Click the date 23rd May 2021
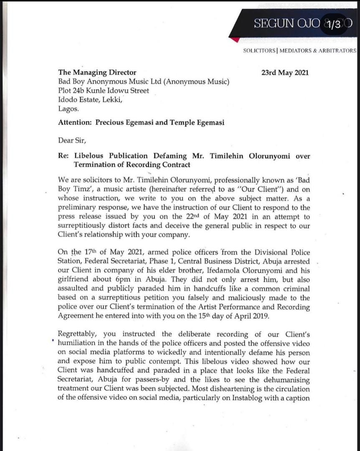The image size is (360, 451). [x=285, y=72]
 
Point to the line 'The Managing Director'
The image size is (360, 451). [x=97, y=72]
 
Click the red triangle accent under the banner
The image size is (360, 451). [x=236, y=40]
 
